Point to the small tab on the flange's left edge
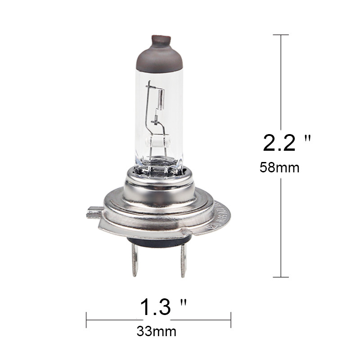(x=93, y=212)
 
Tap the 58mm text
(x=279, y=168)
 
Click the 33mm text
(x=156, y=332)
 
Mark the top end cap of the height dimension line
(x=281, y=35)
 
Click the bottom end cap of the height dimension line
(x=281, y=277)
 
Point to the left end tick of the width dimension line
(x=86, y=320)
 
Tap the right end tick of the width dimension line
(x=231, y=320)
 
